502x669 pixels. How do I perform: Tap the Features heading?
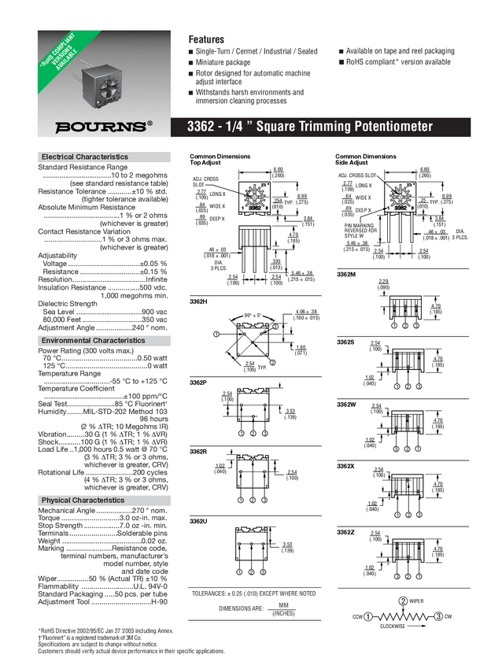(206, 39)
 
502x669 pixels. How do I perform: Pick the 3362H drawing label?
(198, 301)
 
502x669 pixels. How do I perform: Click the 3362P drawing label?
(198, 383)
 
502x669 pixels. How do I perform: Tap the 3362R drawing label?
(198, 451)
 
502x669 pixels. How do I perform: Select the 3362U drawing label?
(198, 521)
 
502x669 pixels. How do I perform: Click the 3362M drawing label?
(346, 274)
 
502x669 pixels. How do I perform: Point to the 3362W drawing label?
(346, 404)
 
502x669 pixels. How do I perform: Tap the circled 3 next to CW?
(438, 616)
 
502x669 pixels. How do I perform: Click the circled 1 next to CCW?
(367, 616)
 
